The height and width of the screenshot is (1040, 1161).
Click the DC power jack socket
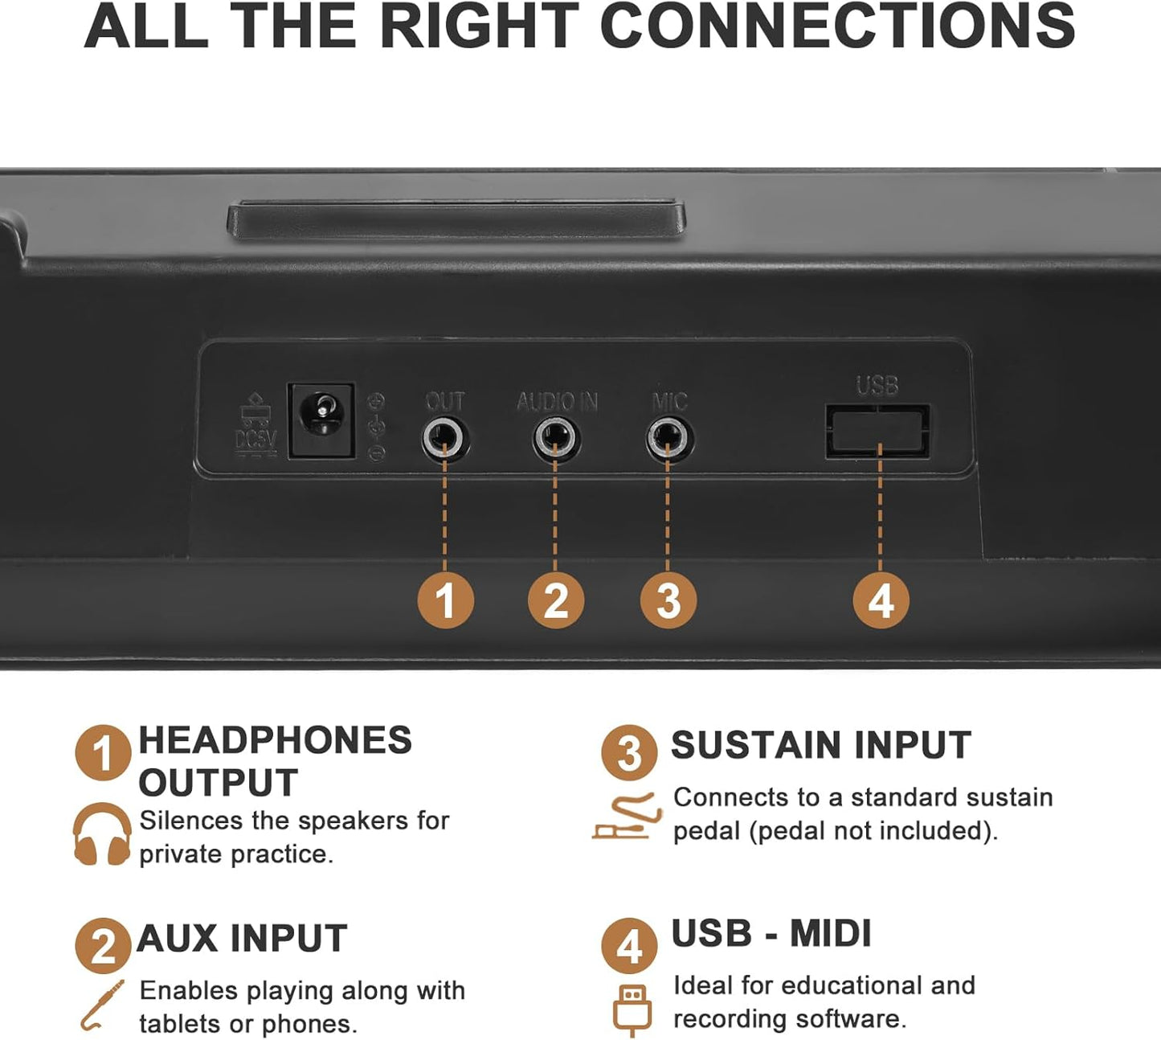tap(321, 421)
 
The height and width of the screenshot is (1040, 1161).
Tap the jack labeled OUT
tap(444, 439)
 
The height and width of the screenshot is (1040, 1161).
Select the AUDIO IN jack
tap(555, 439)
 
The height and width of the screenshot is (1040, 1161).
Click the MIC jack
tap(668, 439)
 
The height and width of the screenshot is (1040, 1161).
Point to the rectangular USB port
tap(877, 431)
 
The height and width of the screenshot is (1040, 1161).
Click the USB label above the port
tap(877, 385)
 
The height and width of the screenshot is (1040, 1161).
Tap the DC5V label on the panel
tap(256, 440)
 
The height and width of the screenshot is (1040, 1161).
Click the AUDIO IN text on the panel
tap(557, 402)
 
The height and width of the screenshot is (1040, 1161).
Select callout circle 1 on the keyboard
tap(446, 600)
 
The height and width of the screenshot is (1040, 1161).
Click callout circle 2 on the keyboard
tap(556, 600)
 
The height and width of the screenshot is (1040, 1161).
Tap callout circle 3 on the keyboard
tap(668, 600)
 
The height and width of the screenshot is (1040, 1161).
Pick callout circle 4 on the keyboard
tap(881, 600)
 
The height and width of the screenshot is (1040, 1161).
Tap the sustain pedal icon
tap(627, 817)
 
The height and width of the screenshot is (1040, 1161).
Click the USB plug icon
tap(632, 1010)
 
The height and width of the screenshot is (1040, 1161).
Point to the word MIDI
tap(830, 933)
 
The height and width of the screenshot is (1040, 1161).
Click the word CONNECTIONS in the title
tap(836, 27)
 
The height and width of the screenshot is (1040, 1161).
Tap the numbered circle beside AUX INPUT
tap(103, 946)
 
